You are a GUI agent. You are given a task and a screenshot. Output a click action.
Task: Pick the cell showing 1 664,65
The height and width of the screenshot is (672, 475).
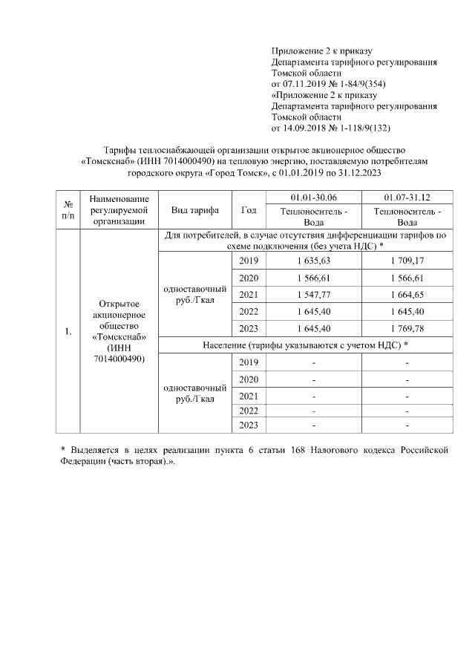[x=407, y=295]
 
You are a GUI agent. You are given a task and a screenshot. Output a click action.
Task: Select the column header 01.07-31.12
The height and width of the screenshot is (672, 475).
[x=407, y=197]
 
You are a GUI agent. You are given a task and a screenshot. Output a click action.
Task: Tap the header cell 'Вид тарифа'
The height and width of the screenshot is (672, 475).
[x=194, y=209]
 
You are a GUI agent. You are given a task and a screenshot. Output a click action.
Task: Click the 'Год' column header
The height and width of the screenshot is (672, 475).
[x=249, y=209]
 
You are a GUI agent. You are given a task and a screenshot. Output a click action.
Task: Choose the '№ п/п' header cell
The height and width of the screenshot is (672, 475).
[x=69, y=209]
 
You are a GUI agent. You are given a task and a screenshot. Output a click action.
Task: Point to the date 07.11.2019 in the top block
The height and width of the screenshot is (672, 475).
[x=304, y=85]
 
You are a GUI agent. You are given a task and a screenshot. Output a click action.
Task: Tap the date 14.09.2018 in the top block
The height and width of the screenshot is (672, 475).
[x=304, y=128]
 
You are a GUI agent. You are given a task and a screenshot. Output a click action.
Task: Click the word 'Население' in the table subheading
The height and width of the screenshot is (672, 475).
[x=228, y=345]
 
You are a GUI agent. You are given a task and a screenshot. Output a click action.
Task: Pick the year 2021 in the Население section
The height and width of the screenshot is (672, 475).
[x=249, y=395]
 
